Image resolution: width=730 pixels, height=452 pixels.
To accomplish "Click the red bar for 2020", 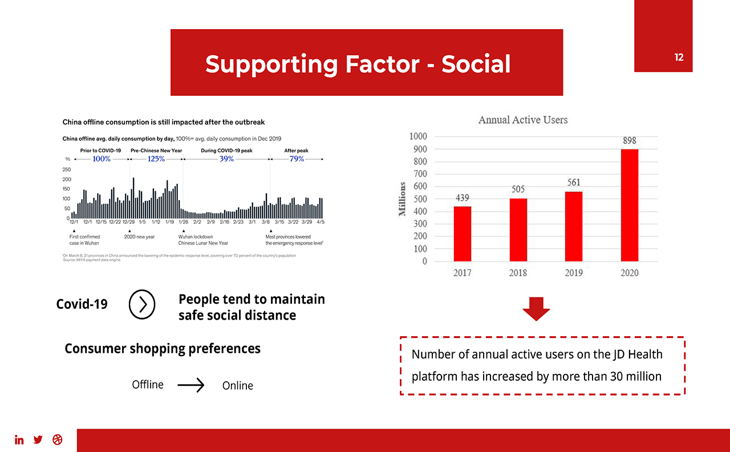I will tap(630, 205).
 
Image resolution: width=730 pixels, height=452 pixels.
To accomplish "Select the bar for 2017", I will tap(463, 233).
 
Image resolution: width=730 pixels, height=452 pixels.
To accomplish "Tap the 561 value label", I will tap(574, 183).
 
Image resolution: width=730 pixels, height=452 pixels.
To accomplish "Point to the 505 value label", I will tap(518, 189).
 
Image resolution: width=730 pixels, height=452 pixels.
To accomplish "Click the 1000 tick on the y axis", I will tap(417, 136).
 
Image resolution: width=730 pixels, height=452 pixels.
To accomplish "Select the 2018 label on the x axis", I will tap(518, 273).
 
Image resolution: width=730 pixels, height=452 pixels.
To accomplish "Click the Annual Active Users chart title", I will tap(523, 120).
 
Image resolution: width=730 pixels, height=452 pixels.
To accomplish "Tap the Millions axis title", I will tap(403, 199).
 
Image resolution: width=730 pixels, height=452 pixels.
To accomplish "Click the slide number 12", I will tap(679, 57).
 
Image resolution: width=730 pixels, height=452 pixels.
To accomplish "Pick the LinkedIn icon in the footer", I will tap(19, 439).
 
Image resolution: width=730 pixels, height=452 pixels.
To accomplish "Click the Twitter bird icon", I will tap(38, 439).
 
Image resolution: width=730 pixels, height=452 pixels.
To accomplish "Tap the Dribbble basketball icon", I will tap(57, 439).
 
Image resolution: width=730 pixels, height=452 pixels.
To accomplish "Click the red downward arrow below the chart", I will tap(536, 309).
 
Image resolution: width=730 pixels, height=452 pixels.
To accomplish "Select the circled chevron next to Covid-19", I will tap(142, 305).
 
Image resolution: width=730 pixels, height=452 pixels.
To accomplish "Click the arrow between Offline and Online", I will tap(190, 386).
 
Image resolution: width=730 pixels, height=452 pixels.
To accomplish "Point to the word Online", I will tap(238, 386).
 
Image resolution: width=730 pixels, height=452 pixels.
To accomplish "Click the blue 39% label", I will tap(226, 159).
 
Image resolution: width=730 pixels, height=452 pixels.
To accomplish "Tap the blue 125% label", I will tap(156, 159).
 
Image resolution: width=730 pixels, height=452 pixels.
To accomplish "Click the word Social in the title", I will tap(476, 64).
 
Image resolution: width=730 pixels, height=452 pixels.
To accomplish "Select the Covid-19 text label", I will tap(82, 304).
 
